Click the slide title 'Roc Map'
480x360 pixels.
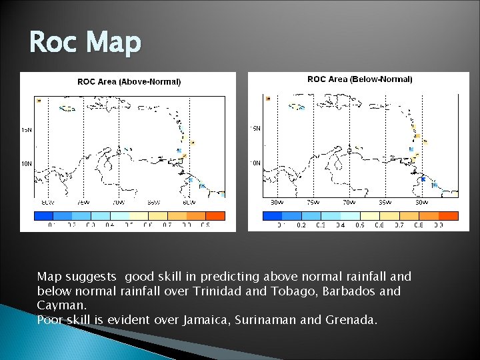85,43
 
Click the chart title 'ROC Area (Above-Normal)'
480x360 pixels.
129,82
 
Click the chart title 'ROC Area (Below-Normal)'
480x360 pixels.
359,79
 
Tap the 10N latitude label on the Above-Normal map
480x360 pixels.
26,163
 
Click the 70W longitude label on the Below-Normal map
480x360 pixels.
348,201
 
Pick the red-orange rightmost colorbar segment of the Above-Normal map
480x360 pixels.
215,215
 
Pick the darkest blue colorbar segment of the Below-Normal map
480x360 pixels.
272,215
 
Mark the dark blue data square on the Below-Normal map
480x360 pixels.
423,179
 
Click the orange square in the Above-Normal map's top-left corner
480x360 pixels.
39,101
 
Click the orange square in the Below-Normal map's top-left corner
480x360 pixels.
268,98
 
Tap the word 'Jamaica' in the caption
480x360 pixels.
203,320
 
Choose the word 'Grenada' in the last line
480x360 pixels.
351,320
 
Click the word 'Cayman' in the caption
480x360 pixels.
57,305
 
